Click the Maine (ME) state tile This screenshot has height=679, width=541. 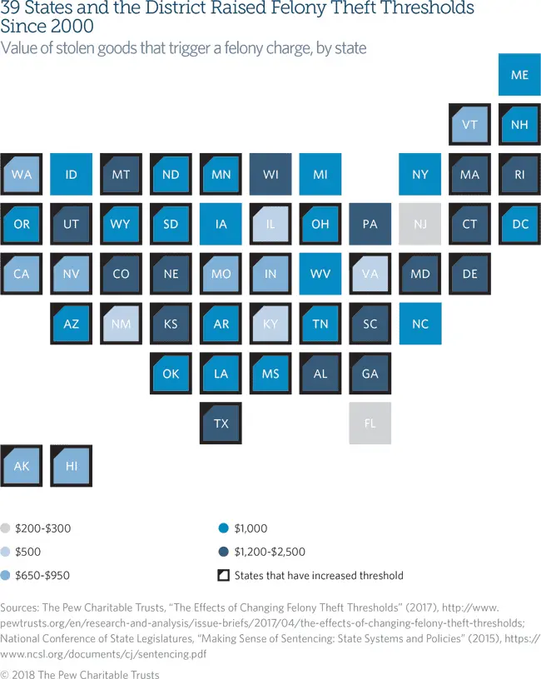click(x=519, y=75)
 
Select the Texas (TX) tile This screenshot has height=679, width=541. click(x=221, y=424)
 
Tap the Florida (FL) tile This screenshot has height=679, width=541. click(x=370, y=424)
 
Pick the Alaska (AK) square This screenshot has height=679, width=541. click(x=22, y=466)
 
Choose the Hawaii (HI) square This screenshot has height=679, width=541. click(x=72, y=466)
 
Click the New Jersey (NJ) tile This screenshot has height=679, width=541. click(x=420, y=225)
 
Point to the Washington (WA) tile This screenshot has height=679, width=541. click(x=22, y=175)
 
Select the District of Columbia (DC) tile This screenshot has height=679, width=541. click(x=519, y=225)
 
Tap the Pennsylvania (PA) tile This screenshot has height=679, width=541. click(x=370, y=225)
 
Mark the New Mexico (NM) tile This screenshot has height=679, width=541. click(x=122, y=324)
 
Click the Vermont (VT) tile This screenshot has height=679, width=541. click(x=469, y=125)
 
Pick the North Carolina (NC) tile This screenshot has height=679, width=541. click(x=420, y=324)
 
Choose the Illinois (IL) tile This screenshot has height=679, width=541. click(x=270, y=225)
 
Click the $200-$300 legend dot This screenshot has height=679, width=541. click(x=7, y=528)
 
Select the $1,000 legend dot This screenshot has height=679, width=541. click(x=222, y=528)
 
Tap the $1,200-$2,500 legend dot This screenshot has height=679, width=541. click(x=222, y=552)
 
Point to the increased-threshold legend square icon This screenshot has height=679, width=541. click(x=222, y=575)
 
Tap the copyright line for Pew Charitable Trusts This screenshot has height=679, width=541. click(x=80, y=674)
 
